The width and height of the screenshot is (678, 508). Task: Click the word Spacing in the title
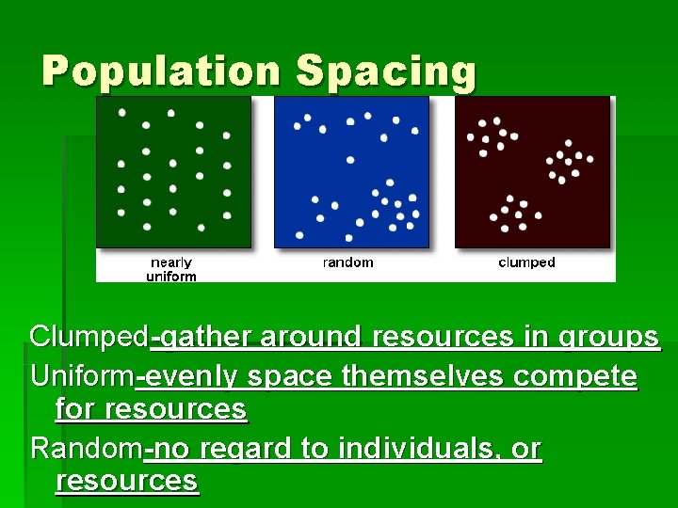pyautogui.click(x=385, y=71)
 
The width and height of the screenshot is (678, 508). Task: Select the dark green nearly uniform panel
pyautogui.click(x=173, y=172)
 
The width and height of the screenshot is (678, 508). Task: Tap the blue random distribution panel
pyautogui.click(x=351, y=172)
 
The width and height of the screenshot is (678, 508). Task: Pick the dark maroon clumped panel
pyautogui.click(x=533, y=172)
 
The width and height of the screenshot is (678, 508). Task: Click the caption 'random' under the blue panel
pyautogui.click(x=347, y=262)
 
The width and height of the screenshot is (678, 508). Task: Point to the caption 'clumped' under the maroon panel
pyautogui.click(x=526, y=262)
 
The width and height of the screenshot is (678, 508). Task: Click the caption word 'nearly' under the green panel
pyautogui.click(x=171, y=262)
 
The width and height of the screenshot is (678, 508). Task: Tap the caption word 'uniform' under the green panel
pyautogui.click(x=171, y=277)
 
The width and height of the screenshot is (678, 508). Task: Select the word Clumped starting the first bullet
pyautogui.click(x=89, y=336)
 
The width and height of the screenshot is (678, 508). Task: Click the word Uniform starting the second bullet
pyautogui.click(x=83, y=376)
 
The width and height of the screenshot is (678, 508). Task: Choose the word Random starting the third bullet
pyautogui.click(x=87, y=449)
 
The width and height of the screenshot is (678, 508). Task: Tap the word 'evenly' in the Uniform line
pyautogui.click(x=188, y=376)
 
